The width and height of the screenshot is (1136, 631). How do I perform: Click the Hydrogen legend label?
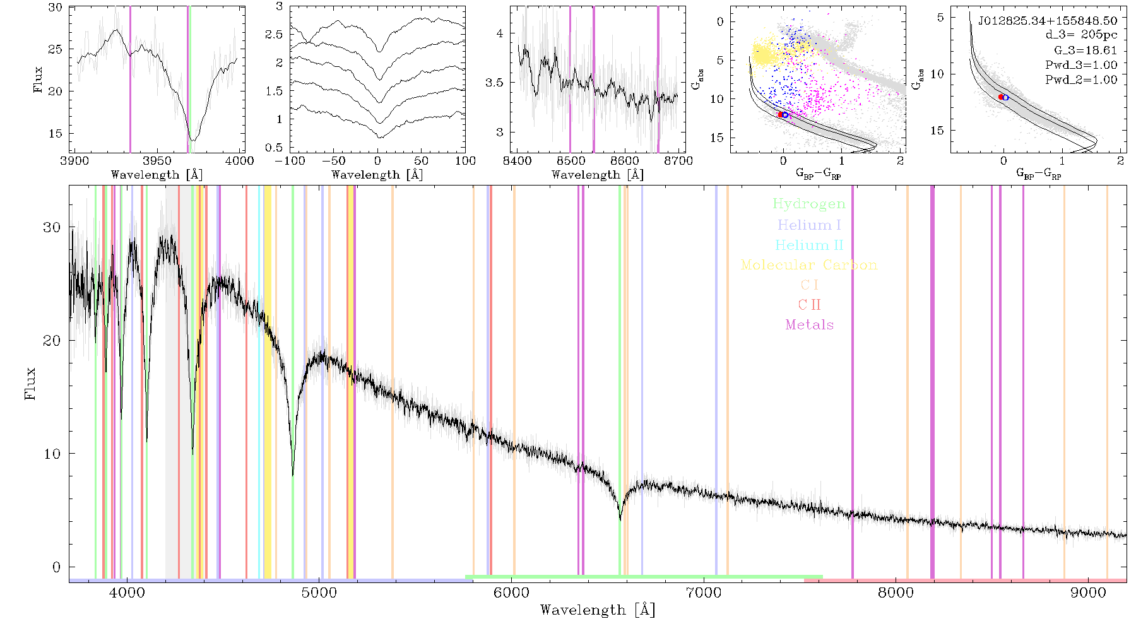tap(808, 204)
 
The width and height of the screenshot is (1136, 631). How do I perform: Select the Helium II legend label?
tap(809, 245)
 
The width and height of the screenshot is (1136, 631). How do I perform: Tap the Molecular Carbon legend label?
tap(809, 265)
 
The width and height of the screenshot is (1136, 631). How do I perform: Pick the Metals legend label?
tap(810, 325)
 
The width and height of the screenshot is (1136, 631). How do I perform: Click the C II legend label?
tap(810, 305)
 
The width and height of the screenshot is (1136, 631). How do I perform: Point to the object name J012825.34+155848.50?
tap(1048, 20)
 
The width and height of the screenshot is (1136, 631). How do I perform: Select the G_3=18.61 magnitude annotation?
tap(1086, 50)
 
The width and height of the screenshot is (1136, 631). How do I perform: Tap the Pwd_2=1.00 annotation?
tap(1081, 80)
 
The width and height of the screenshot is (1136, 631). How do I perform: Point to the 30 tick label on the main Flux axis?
tap(52, 227)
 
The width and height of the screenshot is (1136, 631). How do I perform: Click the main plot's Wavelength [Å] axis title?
tap(598, 610)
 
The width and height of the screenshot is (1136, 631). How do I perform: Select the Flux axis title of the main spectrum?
tap(30, 384)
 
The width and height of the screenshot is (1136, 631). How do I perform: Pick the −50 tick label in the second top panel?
tap(333, 160)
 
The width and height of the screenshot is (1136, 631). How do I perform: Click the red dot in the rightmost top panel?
tap(1002, 97)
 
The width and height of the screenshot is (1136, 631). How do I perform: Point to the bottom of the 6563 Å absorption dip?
tap(620, 519)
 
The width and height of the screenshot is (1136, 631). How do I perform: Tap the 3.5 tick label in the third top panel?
tap(494, 83)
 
